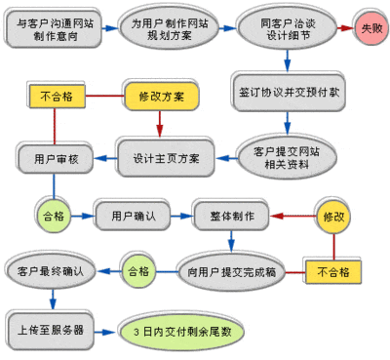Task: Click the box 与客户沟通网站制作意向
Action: click(x=49, y=27)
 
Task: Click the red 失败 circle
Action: click(x=370, y=27)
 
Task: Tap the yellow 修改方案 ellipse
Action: click(x=161, y=97)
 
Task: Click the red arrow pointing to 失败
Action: click(x=341, y=27)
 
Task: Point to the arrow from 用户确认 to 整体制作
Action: click(x=181, y=214)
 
